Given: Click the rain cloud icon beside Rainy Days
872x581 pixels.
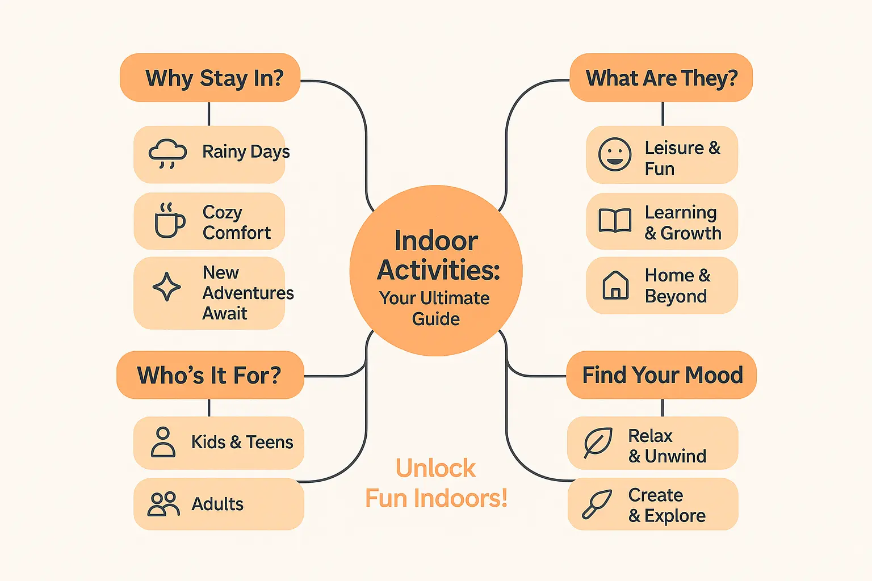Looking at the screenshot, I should coord(167,154).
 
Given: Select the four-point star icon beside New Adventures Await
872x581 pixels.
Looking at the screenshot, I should coord(167,287).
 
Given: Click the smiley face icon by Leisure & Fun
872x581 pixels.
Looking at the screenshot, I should coord(615,154).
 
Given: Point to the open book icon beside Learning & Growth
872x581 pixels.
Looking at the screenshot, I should coord(615,221).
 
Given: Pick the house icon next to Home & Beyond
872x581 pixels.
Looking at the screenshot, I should coord(615,285).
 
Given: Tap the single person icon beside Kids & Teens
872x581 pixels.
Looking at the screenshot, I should coord(163,443).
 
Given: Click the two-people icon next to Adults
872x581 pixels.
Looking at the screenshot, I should coord(163,504).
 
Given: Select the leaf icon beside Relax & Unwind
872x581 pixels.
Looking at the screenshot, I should coord(598,443).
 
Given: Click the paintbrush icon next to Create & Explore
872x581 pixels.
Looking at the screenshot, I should coord(597,504).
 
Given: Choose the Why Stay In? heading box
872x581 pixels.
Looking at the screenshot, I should coord(210,78).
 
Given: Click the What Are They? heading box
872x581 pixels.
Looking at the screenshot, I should coord(661,78).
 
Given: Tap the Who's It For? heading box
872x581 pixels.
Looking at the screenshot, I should coord(209,375).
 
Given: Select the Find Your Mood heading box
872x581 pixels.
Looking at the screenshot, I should coord(662,375).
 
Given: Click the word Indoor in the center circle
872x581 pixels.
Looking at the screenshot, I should coord(436,241).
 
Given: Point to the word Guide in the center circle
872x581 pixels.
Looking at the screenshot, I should coord(436,319).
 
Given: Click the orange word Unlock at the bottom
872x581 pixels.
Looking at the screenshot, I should coord(435,469).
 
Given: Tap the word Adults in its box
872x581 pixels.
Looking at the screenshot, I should coord(217,504).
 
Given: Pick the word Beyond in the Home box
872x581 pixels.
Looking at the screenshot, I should coord(676,296).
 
